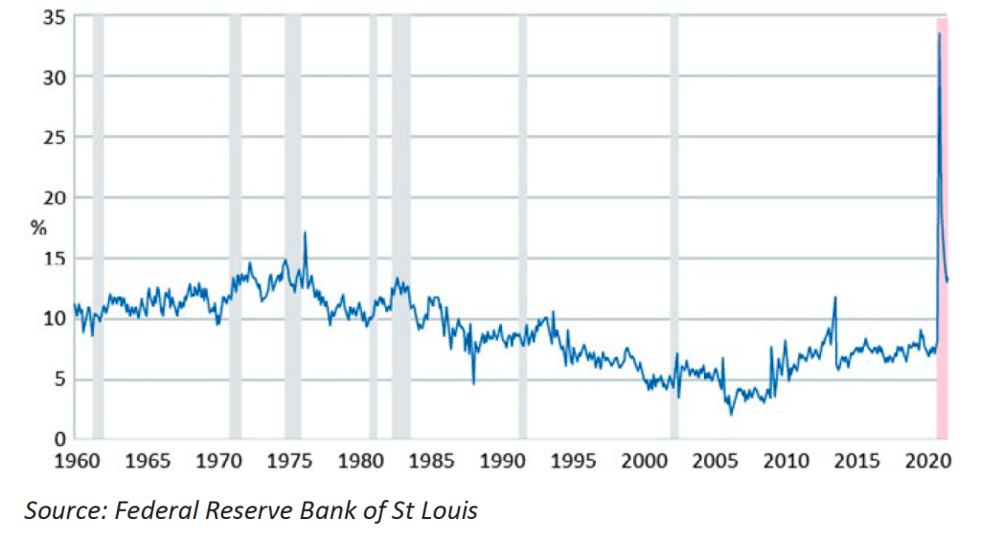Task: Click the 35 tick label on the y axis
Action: tap(52, 16)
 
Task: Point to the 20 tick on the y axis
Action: tap(52, 197)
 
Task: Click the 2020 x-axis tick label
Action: tap(926, 462)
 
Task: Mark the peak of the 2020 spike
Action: tap(939, 34)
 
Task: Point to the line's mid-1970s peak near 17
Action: tap(305, 232)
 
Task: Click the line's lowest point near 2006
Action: tap(731, 414)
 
